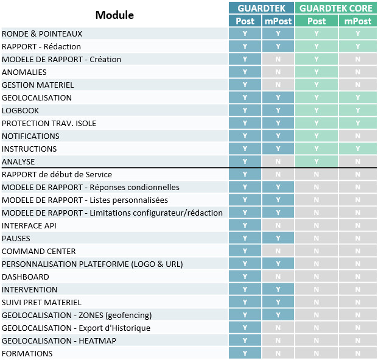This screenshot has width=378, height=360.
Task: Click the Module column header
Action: [x=114, y=15]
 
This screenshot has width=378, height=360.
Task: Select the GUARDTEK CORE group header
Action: [x=336, y=9]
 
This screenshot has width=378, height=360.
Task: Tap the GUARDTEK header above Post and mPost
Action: [x=262, y=9]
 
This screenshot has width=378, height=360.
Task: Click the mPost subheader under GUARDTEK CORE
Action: [x=357, y=21]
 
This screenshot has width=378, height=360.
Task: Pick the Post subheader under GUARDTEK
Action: [x=245, y=21]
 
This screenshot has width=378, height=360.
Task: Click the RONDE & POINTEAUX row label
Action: [x=42, y=34]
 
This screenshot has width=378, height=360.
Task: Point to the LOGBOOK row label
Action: [x=21, y=111]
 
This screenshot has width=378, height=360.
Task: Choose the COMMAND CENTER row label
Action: [x=39, y=252]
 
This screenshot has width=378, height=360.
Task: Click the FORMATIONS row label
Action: [x=27, y=354]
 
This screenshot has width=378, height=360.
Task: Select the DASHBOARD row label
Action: [x=26, y=277]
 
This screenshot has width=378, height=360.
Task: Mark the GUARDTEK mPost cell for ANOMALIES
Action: [x=278, y=72]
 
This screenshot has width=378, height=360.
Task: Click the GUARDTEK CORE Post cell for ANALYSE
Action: [x=317, y=162]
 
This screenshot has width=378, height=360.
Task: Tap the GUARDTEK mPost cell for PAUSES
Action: [x=278, y=239]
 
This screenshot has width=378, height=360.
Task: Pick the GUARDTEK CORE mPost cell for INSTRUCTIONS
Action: [x=357, y=149]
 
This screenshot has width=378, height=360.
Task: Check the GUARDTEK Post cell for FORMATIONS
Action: [x=245, y=354]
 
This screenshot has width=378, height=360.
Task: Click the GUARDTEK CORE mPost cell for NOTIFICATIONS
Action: [x=357, y=136]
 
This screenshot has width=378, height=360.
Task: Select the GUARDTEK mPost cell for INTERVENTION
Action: [x=278, y=290]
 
